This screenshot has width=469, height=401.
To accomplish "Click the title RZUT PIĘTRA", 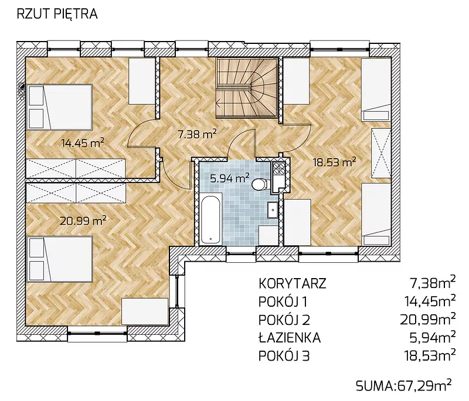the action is [x=57, y=14].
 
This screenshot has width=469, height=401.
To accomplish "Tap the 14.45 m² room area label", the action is [x=83, y=143].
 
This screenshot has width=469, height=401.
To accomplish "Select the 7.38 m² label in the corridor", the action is [x=197, y=134].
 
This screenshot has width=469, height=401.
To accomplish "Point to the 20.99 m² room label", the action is [x=83, y=221].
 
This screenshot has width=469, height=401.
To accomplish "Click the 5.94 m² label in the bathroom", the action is [x=230, y=179].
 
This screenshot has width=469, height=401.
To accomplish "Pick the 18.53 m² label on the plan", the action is [x=334, y=162].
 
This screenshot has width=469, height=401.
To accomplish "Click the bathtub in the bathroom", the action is [x=211, y=219].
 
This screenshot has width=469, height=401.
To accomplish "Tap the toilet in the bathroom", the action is [x=260, y=184].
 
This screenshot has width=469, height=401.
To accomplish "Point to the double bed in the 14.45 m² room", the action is [x=59, y=107].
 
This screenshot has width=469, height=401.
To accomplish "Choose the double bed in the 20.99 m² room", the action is [x=59, y=259].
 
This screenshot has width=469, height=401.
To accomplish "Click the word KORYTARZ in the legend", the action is [x=292, y=283].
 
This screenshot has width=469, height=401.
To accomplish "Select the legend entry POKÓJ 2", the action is [x=284, y=320].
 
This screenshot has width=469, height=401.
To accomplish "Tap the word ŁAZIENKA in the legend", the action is [x=290, y=338].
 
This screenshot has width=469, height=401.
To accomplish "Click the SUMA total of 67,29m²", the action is [x=404, y=386].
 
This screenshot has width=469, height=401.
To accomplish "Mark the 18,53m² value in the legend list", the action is [x=430, y=355].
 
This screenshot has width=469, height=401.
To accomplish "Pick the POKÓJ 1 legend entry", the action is [x=283, y=301].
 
